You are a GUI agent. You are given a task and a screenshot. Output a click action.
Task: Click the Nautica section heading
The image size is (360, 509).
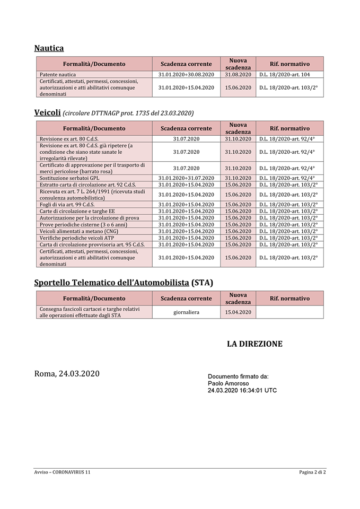pyautogui.click(x=49, y=48)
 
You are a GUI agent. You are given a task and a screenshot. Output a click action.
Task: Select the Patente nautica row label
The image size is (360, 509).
pyautogui.click(x=58, y=75)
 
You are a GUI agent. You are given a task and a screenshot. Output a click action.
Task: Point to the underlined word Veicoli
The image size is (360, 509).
pyautogui.click(x=47, y=112)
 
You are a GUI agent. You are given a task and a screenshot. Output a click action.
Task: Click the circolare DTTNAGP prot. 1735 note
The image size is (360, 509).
pyautogui.click(x=128, y=113)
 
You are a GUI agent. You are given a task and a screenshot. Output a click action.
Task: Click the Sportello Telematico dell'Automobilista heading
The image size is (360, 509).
pyautogui.click(x=124, y=283)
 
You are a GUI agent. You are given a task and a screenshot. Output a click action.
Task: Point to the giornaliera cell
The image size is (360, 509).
pyautogui.click(x=186, y=312)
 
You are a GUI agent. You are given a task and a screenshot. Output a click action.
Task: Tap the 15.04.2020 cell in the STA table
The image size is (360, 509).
pyautogui.click(x=238, y=312)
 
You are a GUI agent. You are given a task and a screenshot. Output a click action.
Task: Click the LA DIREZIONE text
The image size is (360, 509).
pyautogui.click(x=254, y=344)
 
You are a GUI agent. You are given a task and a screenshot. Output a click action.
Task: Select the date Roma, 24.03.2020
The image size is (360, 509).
pyautogui.click(x=67, y=374)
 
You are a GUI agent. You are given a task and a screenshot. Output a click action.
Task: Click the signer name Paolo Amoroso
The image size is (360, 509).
pyautogui.click(x=228, y=383)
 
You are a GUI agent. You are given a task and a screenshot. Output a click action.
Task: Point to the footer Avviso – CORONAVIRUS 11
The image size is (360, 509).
pyautogui.click(x=63, y=471)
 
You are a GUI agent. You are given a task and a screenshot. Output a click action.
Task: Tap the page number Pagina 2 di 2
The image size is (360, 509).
pyautogui.click(x=312, y=471)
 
